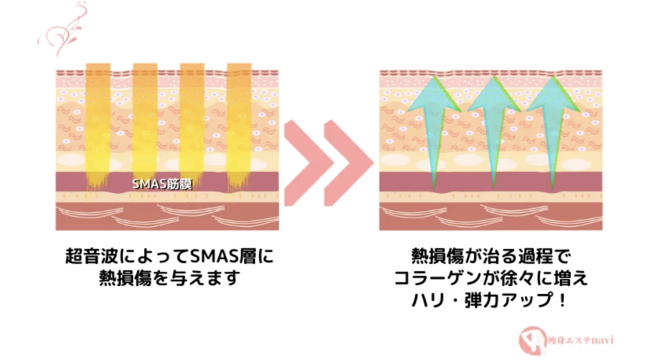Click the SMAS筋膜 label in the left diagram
(162, 184)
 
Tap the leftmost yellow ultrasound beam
(99, 127)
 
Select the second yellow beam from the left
(145, 127)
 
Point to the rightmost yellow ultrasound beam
(239, 127)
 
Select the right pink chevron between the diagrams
(349, 163)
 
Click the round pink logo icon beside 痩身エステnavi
(532, 340)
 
